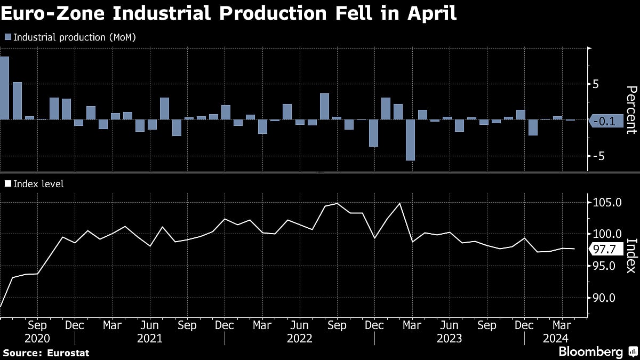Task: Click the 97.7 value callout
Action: (x=604, y=249)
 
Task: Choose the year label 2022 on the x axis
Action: (x=299, y=338)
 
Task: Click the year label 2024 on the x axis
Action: (x=555, y=338)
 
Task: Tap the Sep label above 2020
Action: (x=37, y=325)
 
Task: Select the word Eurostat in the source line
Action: (x=68, y=353)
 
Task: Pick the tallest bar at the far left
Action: (x=4, y=88)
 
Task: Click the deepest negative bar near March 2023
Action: (x=410, y=140)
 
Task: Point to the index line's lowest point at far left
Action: (x=1, y=307)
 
